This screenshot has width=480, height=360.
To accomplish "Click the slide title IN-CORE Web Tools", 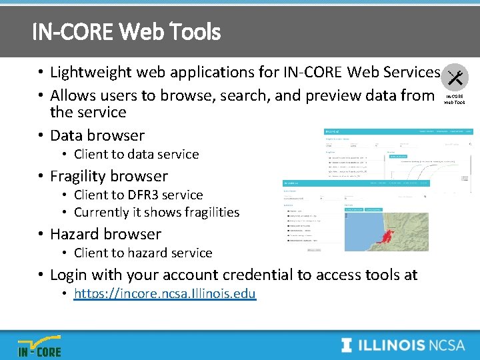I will coord(126,31).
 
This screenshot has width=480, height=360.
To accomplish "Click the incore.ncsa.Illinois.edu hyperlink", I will coord(165,293).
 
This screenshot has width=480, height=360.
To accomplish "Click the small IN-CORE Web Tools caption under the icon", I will coord(455,99).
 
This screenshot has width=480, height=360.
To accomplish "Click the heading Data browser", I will coord(97,135).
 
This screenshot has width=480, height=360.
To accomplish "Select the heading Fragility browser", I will coord(109,176).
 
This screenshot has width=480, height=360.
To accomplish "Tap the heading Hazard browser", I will coord(105,234).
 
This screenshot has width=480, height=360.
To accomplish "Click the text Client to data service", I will coord(136,154).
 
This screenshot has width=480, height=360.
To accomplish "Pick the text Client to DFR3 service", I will coord(138,195).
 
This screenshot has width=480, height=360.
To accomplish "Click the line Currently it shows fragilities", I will coord(156,212).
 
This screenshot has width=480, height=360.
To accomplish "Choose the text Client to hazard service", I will coord(143,253).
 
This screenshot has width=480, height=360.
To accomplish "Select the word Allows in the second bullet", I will coord(73,95).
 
